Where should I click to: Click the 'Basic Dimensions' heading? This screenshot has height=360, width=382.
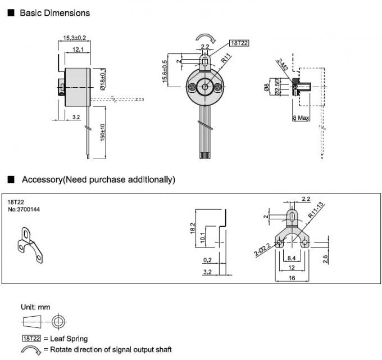click(x=54, y=12)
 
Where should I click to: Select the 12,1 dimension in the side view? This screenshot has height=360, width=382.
click(x=78, y=50)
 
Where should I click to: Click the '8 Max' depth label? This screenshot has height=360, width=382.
click(x=302, y=118)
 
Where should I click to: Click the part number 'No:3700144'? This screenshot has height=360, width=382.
click(x=24, y=209)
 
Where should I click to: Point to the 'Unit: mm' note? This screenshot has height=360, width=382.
click(x=35, y=308)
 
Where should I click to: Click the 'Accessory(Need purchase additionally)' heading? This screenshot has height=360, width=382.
click(x=98, y=179)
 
